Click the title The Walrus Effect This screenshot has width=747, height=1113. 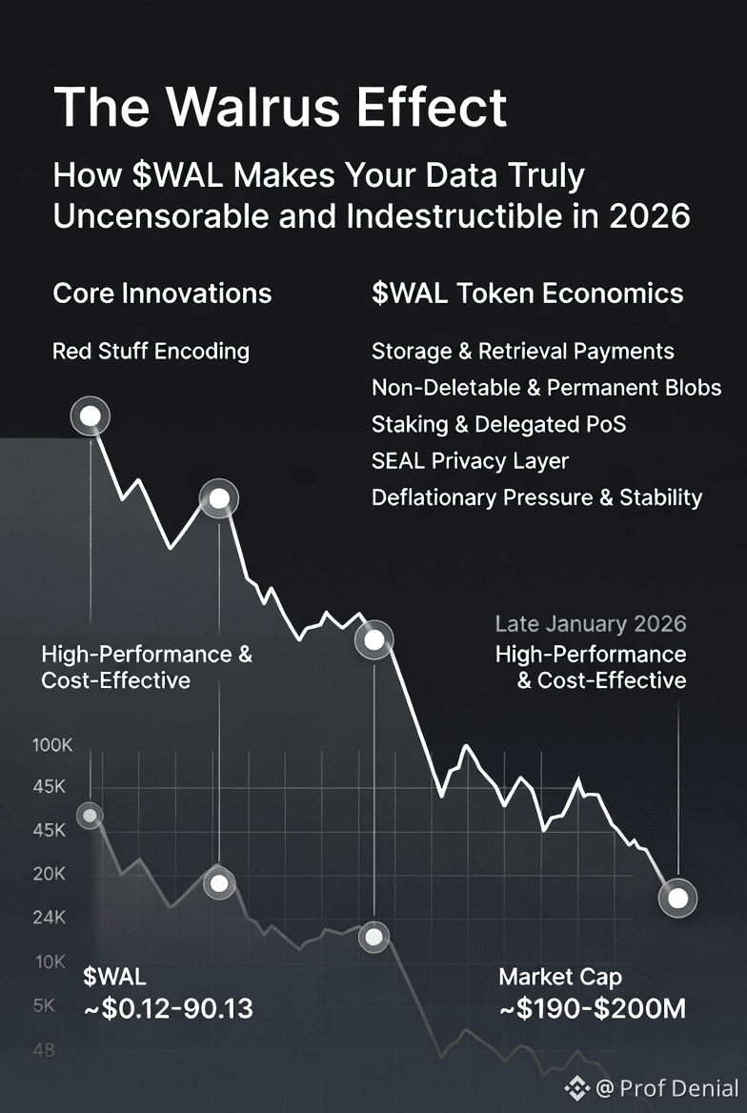tap(280, 107)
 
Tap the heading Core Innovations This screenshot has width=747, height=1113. tap(162, 293)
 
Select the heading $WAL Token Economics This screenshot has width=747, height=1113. tap(527, 293)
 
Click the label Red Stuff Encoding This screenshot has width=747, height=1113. tap(151, 352)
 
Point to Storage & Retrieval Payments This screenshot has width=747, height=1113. tap(522, 352)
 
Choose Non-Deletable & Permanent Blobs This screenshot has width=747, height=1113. tap(546, 388)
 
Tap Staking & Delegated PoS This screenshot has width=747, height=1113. tap(498, 424)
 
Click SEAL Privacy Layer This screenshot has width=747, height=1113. tap(470, 461)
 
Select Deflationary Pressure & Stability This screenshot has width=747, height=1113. tap(536, 497)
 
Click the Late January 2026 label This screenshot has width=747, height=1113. tap(591, 624)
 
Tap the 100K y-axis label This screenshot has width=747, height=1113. tap(52, 745)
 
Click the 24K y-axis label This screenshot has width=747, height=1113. tap(50, 919)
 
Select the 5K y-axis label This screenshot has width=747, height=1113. tap(45, 1005)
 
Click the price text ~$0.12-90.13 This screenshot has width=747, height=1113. tap(168, 1009)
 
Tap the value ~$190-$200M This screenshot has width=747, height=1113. tap(592, 1009)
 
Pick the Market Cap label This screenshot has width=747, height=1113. tap(560, 977)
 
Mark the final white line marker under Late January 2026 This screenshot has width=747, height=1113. tap(677, 898)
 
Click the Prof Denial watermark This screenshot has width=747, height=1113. tap(666, 1087)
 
